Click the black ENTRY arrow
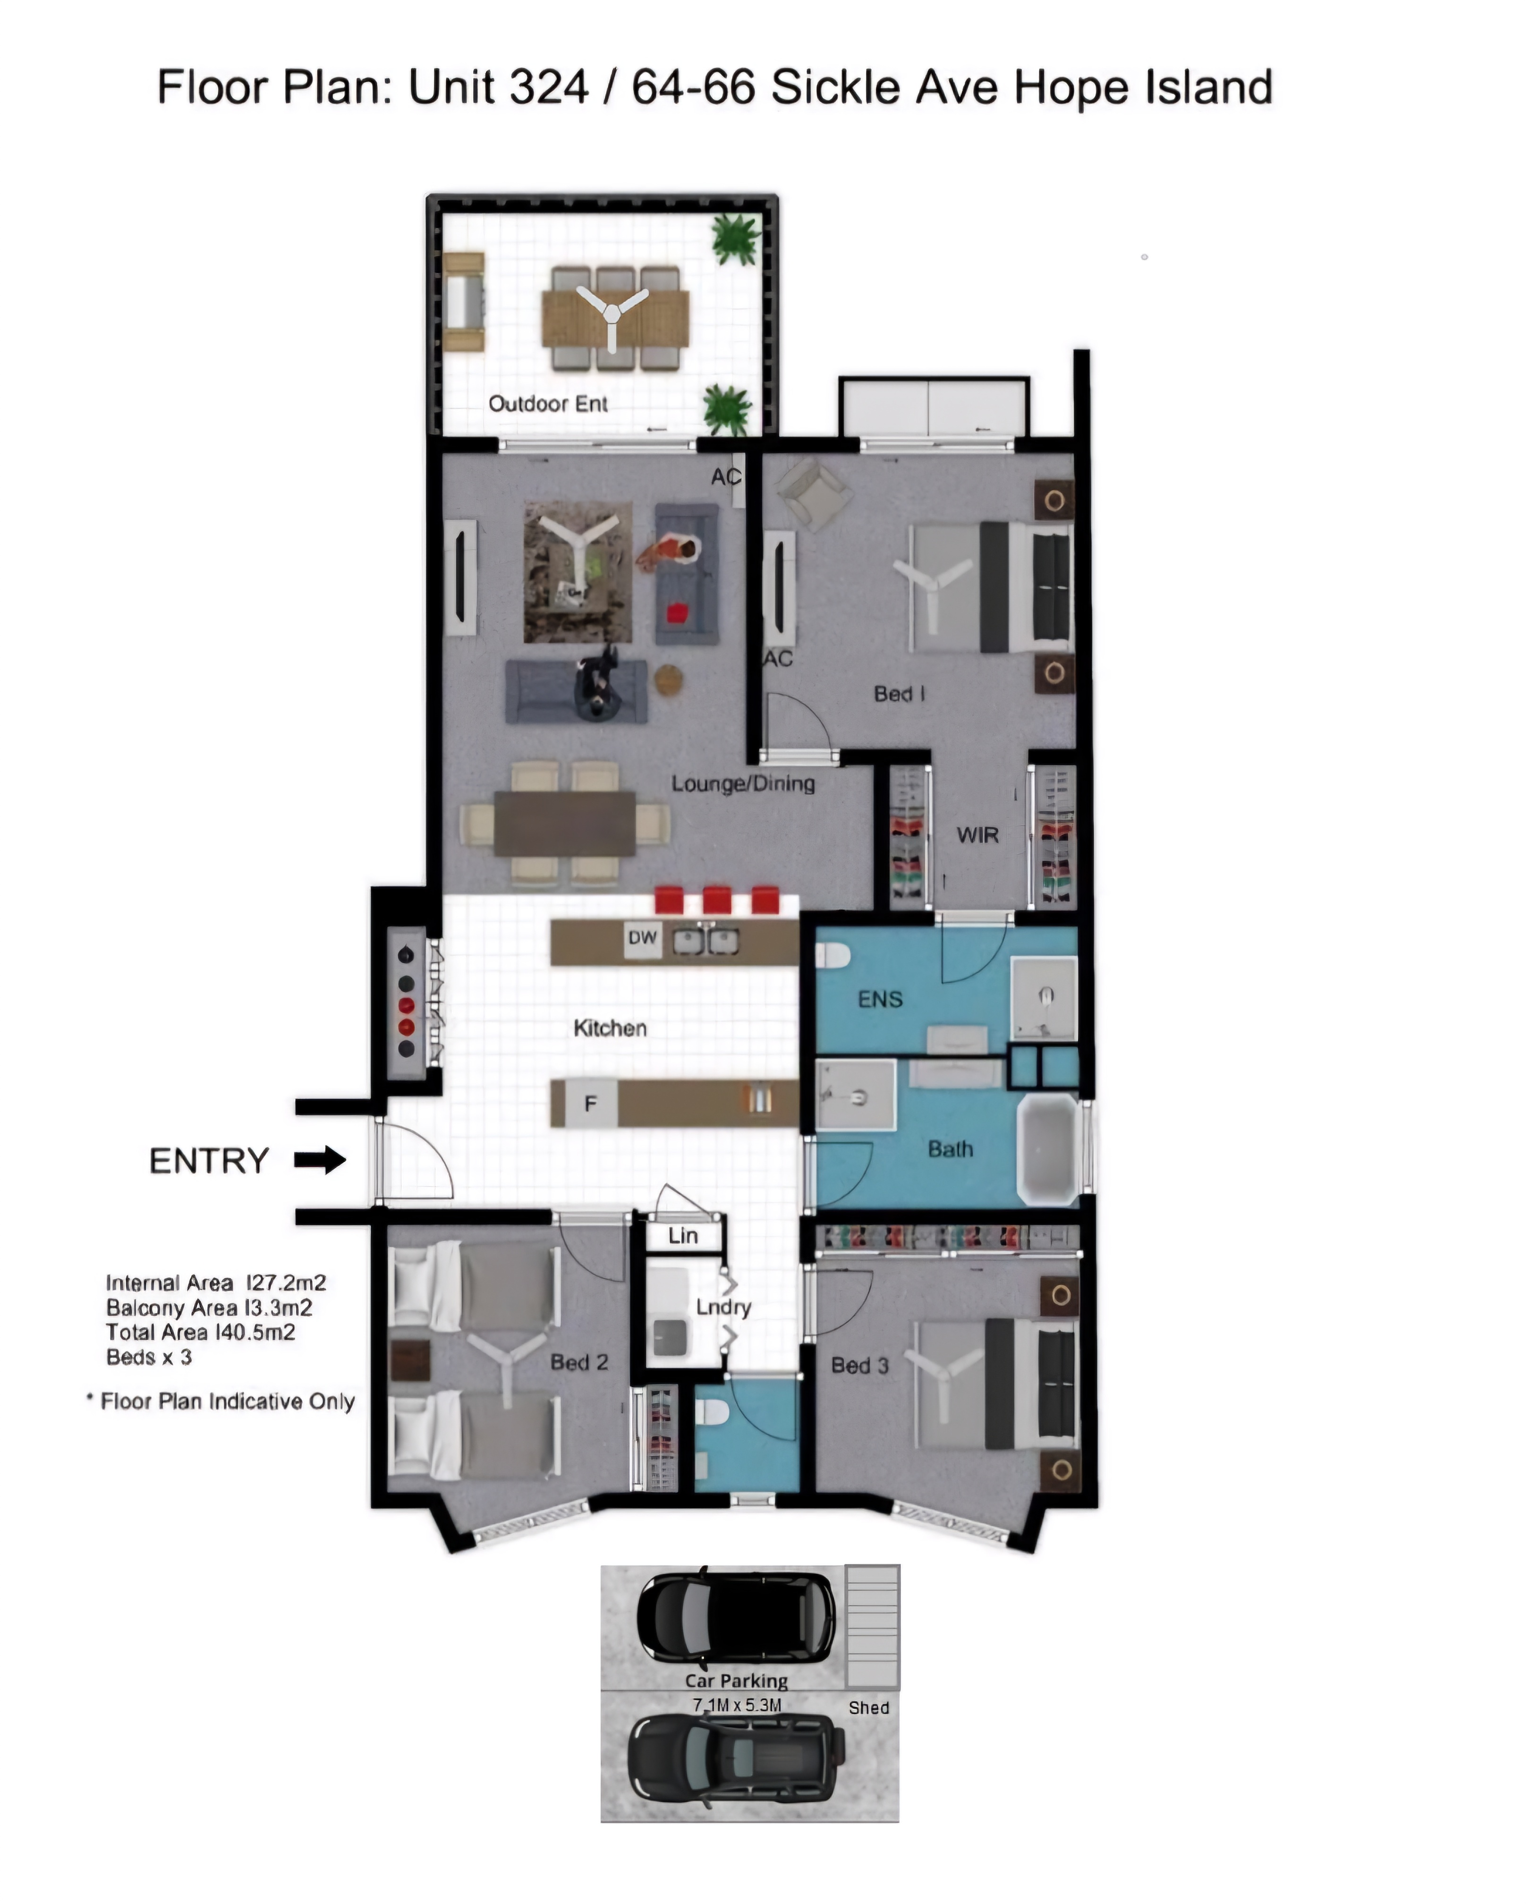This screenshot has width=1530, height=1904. pyautogui.click(x=320, y=1159)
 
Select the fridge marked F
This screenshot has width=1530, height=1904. pyautogui.click(x=590, y=1103)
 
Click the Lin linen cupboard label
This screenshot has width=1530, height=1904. pyautogui.click(x=683, y=1235)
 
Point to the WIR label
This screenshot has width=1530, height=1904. pyautogui.click(x=977, y=834)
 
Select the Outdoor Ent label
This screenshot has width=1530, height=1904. pyautogui.click(x=548, y=404)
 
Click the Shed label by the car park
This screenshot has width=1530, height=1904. pyautogui.click(x=868, y=1707)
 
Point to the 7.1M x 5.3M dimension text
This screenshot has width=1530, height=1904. pyautogui.click(x=737, y=1704)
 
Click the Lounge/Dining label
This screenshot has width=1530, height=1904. pyautogui.click(x=743, y=783)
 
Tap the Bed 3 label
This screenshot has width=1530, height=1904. pyautogui.click(x=859, y=1365)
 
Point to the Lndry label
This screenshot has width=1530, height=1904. pyautogui.click(x=723, y=1307)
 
